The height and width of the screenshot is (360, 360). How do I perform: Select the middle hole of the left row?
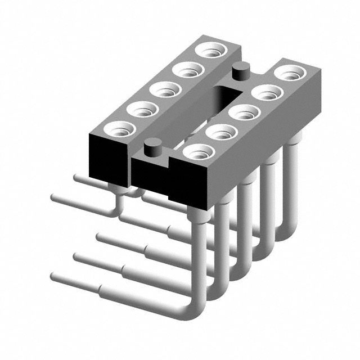[164, 89]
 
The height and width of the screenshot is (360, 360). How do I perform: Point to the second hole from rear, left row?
[187, 70]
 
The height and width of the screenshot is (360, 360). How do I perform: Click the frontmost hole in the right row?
[197, 151]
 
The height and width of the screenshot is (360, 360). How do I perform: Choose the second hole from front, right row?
[220, 132]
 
